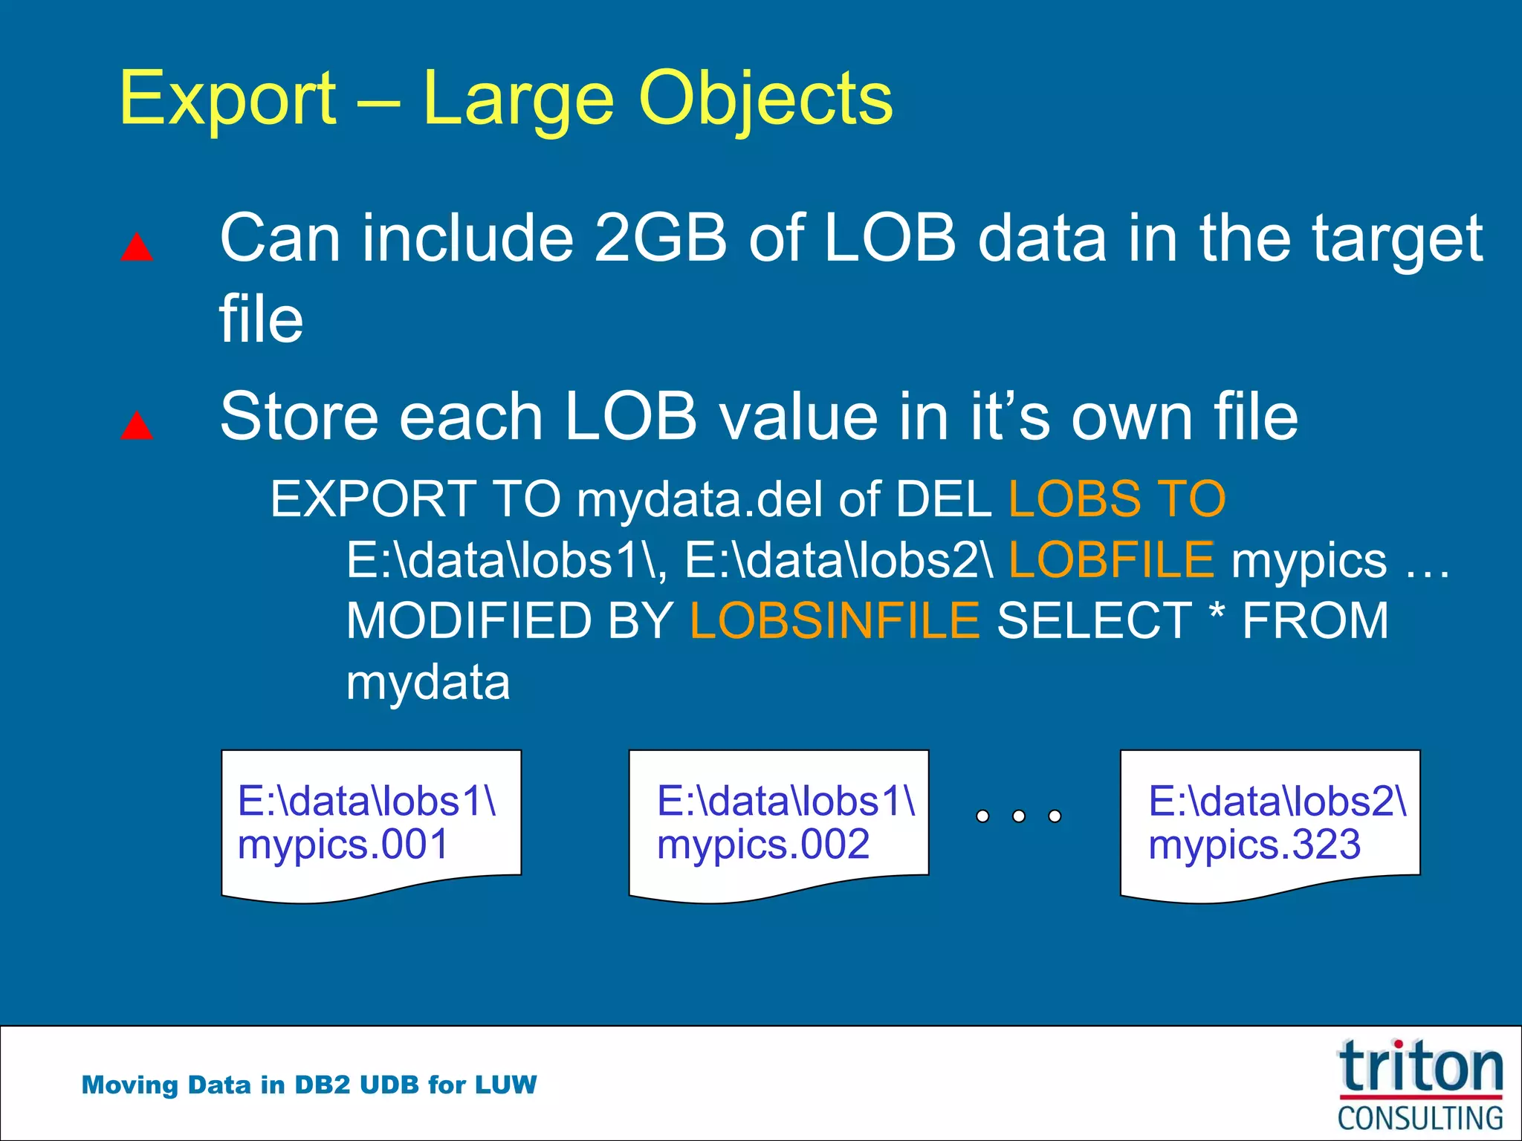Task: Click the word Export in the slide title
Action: pyautogui.click(x=227, y=100)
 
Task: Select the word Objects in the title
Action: pyautogui.click(x=765, y=100)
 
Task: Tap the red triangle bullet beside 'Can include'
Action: pyautogui.click(x=137, y=247)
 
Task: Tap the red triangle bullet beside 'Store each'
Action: pyautogui.click(x=137, y=426)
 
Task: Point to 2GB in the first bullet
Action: pyautogui.click(x=661, y=238)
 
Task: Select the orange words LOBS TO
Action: pyautogui.click(x=1116, y=499)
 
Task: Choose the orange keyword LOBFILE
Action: pyautogui.click(x=1111, y=560)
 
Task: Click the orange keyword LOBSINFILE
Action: pyautogui.click(x=834, y=621)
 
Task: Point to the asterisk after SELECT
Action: pyautogui.click(x=1217, y=615)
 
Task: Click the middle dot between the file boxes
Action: pyautogui.click(x=1019, y=816)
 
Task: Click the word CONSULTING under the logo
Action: pyautogui.click(x=1419, y=1118)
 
